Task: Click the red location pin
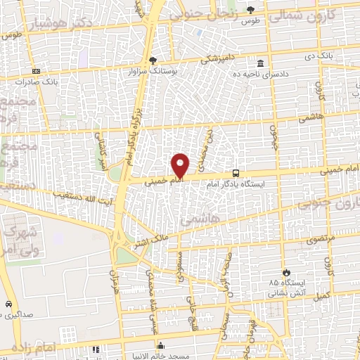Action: point(181,165)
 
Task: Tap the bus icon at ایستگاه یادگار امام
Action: point(236,173)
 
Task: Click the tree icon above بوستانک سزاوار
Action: point(153,60)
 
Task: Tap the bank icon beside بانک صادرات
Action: point(36,71)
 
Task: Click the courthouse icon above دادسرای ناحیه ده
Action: point(260,62)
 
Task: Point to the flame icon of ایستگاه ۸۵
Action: point(285,271)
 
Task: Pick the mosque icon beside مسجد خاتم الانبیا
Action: point(161,346)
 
